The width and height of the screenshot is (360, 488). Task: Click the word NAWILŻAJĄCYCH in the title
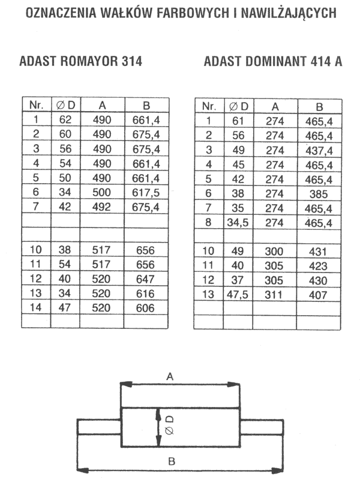click(289, 13)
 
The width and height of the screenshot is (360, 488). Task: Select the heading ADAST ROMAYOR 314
click(80, 61)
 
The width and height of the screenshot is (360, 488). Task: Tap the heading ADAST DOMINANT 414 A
click(273, 61)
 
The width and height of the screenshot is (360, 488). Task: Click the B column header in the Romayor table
click(146, 106)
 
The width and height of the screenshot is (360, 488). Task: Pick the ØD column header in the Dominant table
click(239, 107)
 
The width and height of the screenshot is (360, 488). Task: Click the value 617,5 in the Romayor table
click(146, 193)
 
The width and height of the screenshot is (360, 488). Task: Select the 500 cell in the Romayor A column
click(101, 192)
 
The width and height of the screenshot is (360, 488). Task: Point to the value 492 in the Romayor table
click(101, 207)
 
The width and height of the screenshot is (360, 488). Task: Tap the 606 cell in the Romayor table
click(145, 308)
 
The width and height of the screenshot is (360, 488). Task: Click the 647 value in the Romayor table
click(145, 279)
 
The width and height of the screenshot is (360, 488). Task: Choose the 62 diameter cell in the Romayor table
click(65, 120)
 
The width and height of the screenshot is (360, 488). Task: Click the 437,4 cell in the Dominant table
click(319, 151)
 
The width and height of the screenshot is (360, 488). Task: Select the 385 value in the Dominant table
click(319, 194)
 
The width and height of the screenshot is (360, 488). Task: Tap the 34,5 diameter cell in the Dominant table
click(238, 223)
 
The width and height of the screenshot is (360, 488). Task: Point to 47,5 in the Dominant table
click(238, 295)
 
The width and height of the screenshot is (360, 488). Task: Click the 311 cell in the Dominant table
click(274, 295)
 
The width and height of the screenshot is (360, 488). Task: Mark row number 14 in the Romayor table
click(35, 307)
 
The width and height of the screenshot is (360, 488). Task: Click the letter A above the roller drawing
click(170, 376)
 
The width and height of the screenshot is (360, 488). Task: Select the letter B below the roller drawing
click(172, 461)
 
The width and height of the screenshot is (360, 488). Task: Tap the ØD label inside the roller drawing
click(169, 426)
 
